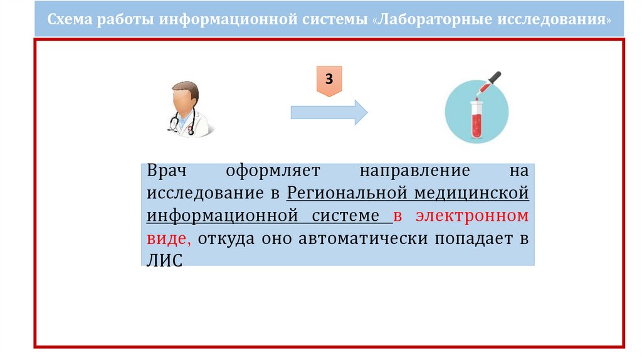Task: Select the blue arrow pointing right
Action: coord(329,112)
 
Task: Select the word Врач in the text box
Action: coord(166,171)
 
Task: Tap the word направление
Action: coord(414,171)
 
